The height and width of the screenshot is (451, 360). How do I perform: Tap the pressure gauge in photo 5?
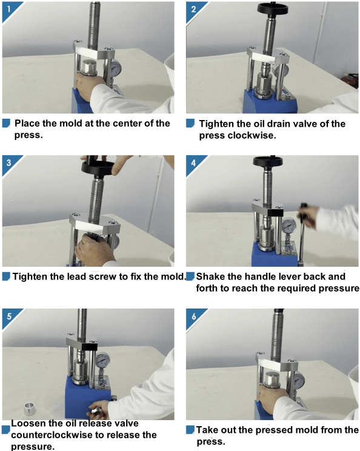pyautogui.click(x=102, y=359)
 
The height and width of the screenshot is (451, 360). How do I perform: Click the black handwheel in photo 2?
pyautogui.click(x=272, y=9)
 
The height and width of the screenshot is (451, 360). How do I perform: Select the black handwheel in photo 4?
pyautogui.click(x=267, y=161)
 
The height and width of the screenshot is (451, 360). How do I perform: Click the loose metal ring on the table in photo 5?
pyautogui.click(x=30, y=409)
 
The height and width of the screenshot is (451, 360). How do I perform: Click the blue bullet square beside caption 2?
pyautogui.click(x=190, y=124)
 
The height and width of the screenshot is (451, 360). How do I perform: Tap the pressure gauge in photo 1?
pyautogui.click(x=116, y=68)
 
